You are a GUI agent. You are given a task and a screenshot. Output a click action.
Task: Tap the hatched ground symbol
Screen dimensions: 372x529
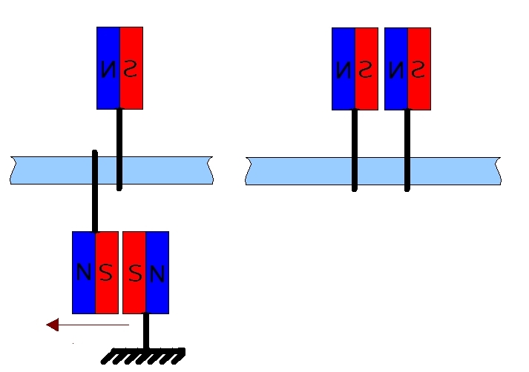click(143, 356)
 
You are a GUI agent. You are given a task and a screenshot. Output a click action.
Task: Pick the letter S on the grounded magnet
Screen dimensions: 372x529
click(134, 274)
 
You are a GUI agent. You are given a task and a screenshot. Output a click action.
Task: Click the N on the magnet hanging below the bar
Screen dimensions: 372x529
click(84, 273)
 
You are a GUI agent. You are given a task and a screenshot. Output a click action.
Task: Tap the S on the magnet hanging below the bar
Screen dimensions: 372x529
click(106, 273)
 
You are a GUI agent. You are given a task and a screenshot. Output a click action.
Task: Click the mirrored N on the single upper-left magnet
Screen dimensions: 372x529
click(108, 70)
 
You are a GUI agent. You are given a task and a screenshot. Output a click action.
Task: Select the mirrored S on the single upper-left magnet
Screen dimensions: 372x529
click(131, 68)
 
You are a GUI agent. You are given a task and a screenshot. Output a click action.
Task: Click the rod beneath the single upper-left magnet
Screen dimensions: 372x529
click(119, 148)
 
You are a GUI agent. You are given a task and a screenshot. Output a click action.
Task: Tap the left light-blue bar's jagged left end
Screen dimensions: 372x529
click(13, 170)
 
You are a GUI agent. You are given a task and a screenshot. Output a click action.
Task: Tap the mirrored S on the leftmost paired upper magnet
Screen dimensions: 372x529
click(366, 70)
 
